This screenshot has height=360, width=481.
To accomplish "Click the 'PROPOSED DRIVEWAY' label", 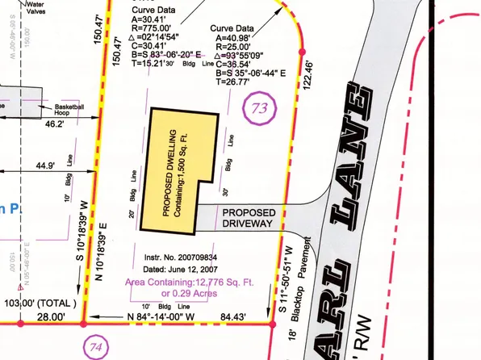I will [x=249, y=217].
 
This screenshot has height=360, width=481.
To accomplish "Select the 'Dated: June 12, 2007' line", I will [x=165, y=266].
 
